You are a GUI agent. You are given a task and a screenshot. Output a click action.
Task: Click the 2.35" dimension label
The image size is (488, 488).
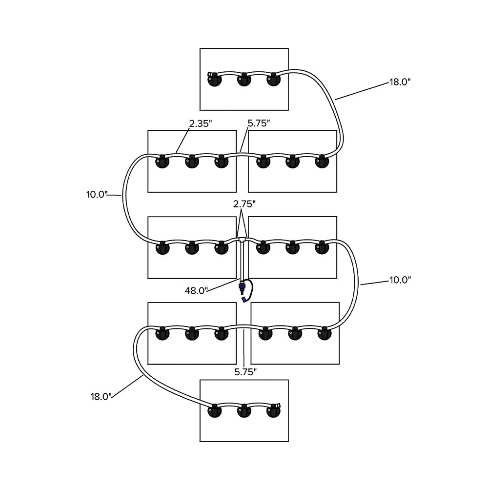coord(200,123)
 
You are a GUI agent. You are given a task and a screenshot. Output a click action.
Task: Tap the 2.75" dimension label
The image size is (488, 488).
coord(244,204)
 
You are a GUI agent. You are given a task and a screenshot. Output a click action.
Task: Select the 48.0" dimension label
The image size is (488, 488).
coord(197,291)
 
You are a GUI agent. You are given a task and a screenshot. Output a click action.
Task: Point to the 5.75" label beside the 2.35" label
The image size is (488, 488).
coord(259,123)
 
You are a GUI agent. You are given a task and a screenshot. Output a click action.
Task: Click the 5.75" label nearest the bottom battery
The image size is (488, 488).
coord(245,372)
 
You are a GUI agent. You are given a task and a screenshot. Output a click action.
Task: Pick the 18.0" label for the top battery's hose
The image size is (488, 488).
coord(400,82)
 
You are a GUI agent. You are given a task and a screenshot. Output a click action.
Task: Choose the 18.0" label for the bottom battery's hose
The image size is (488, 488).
coord(101,396)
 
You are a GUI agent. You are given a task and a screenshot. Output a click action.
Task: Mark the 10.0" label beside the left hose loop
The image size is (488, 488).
coord(97,194)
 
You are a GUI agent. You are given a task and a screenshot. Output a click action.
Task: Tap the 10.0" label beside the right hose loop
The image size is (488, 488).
coord(400,280)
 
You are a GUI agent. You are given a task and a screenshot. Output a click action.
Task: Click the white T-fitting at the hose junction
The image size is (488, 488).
coord(243,239)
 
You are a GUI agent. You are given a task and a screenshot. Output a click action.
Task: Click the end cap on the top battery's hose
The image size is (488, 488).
coord(210,75)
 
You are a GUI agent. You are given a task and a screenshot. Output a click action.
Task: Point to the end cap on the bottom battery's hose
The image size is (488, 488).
coord(279,406)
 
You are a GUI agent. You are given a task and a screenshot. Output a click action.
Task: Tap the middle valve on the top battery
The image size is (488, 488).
coord(244,80)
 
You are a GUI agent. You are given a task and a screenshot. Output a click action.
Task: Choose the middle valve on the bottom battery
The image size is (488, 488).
coord(244,411)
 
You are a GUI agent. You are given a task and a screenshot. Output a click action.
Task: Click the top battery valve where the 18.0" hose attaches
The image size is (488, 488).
coord(274,80)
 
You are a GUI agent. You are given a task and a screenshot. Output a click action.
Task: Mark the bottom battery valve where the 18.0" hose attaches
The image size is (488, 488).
coord(214,411)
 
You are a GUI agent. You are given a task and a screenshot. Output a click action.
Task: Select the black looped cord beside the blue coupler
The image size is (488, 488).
coord(250,289)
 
